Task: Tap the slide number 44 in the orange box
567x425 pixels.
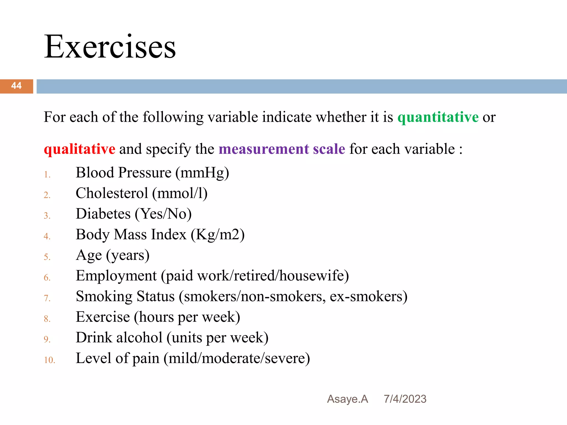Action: point(16,86)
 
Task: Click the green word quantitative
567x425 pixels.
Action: point(438,117)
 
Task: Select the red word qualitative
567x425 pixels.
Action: point(79,149)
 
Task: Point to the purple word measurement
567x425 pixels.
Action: point(264,149)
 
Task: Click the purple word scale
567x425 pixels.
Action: point(329,149)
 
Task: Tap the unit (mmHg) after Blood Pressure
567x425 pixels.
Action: point(202,173)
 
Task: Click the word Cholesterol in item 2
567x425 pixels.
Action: point(112,193)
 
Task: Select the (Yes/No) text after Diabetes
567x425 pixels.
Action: point(163,214)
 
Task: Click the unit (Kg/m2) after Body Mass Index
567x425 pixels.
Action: point(218,235)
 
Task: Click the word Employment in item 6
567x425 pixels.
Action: point(116,276)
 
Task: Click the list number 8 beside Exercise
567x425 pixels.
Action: point(47,319)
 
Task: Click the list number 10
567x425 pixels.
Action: point(49,360)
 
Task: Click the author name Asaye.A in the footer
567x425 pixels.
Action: point(347,399)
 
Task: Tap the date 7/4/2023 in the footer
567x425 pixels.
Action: point(405,399)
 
